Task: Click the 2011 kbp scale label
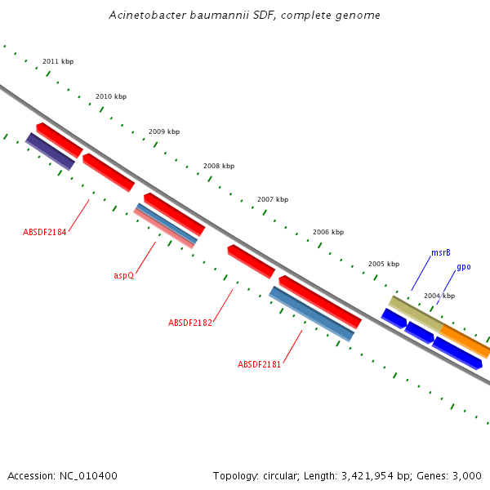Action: [x=58, y=61]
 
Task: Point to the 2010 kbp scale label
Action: [x=111, y=96]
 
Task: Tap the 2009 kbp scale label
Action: [x=164, y=131]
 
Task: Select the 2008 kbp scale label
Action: [x=219, y=166]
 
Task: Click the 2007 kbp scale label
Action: [x=273, y=199]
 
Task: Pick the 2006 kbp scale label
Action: [x=327, y=232]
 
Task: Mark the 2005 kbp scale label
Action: [x=384, y=264]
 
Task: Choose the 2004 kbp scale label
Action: [x=439, y=296]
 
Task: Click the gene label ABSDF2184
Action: [x=45, y=232]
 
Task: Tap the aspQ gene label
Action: [x=123, y=275]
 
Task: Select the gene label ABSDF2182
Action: [x=190, y=323]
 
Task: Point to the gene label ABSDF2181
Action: [x=259, y=364]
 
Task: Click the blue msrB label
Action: [x=441, y=253]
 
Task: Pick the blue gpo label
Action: [x=463, y=267]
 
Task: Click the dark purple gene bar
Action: [x=50, y=151]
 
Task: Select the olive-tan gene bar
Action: [x=416, y=314]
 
